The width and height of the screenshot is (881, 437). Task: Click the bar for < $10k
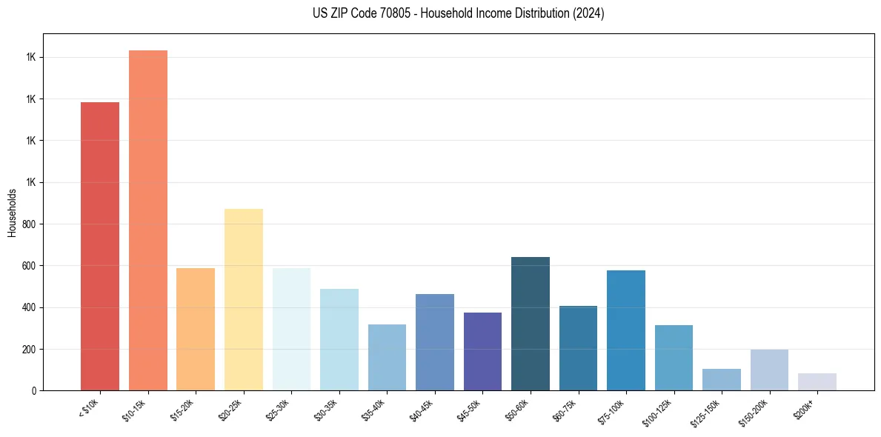click(100, 246)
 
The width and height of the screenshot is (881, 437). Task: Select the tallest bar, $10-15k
click(147, 220)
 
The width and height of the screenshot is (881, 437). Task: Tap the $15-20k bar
click(196, 329)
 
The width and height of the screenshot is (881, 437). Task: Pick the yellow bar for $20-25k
click(243, 299)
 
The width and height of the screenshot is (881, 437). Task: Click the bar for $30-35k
click(339, 339)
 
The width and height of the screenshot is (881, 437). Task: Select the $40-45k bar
click(434, 342)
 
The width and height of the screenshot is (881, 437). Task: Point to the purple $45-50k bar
click(482, 351)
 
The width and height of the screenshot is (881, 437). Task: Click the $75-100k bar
click(625, 330)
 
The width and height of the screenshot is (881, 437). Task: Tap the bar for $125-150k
click(721, 379)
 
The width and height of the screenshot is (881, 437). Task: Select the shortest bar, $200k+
click(817, 381)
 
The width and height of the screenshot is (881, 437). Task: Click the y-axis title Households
click(12, 212)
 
